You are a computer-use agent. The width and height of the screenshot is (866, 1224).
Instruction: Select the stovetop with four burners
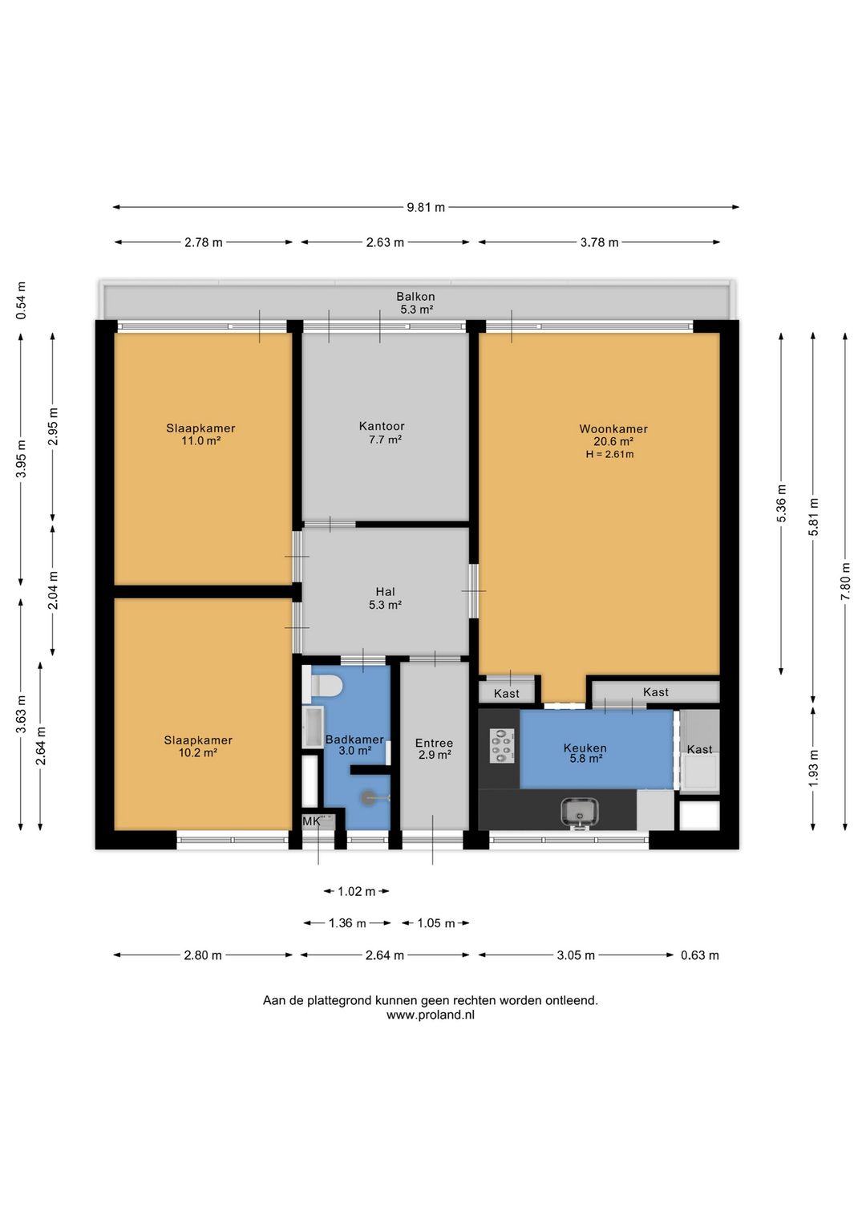pos(502,746)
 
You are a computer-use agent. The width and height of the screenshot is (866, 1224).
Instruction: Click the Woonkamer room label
pos(613,429)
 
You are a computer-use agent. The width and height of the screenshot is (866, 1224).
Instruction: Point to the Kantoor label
pos(382,426)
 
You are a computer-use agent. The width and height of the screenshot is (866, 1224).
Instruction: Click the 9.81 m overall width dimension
pos(426,207)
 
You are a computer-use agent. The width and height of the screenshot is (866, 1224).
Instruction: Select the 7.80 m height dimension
pos(845,582)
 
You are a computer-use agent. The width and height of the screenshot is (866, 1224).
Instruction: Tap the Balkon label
pos(416,296)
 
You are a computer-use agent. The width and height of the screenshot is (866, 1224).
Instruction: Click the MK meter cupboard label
pos(311,821)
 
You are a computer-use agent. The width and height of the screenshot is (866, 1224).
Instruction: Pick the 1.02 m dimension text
pos(356,892)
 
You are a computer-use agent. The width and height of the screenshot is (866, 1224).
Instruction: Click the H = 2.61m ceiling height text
pos(609,454)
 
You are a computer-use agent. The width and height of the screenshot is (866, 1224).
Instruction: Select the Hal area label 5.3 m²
pos(385,605)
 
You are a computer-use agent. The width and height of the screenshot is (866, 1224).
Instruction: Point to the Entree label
pos(434,743)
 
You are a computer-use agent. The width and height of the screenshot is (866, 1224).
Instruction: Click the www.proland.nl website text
pos(431,1015)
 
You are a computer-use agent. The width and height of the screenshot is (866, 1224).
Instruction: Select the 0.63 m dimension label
pos(700,955)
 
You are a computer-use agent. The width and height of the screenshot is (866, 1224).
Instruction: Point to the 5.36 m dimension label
pos(781,503)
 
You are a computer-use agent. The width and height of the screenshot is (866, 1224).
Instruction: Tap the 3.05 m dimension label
pos(576,955)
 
